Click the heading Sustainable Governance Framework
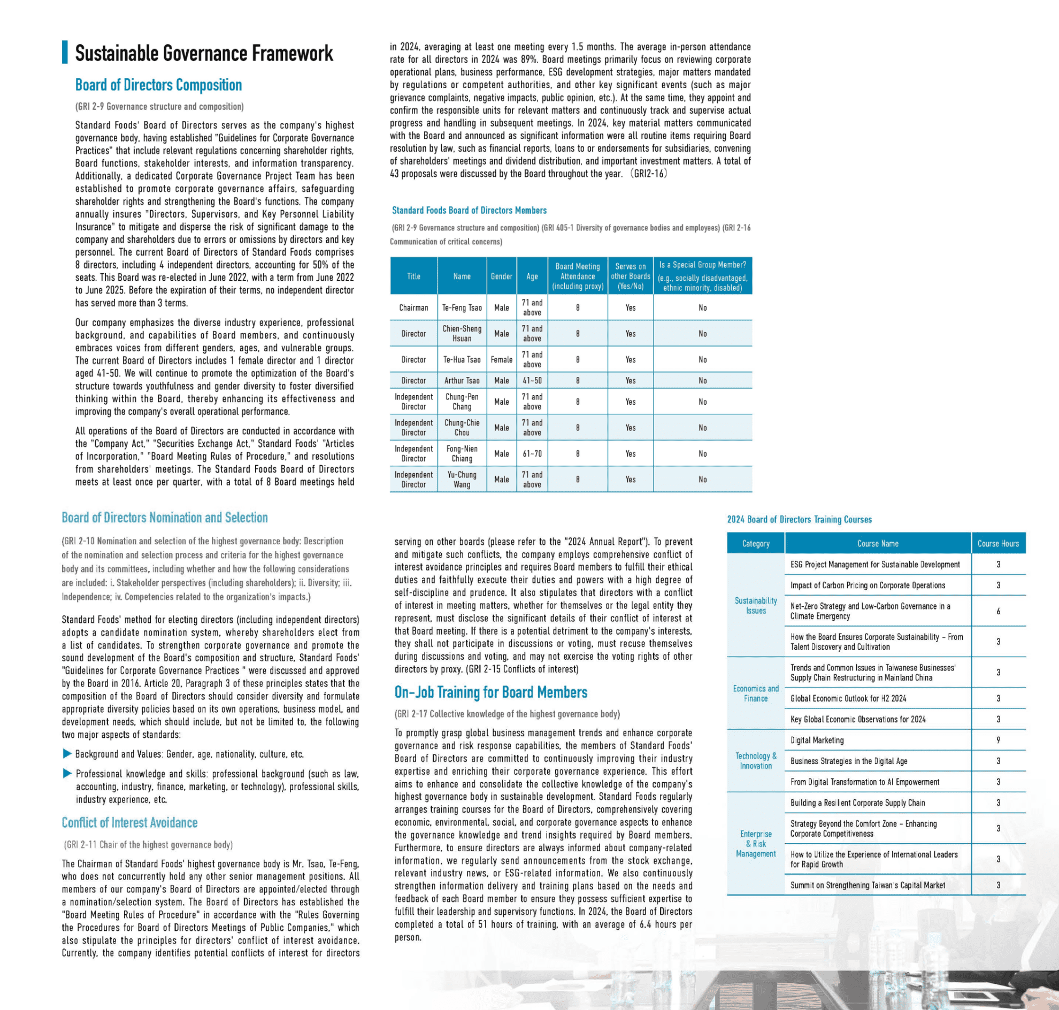point(204,53)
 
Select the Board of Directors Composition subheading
point(158,85)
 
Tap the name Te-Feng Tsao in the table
point(462,308)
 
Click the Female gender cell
point(501,360)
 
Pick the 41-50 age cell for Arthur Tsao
point(532,381)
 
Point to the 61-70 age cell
point(532,454)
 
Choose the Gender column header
point(501,276)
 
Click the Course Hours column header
point(997,544)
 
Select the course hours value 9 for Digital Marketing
point(997,741)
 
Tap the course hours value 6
point(997,611)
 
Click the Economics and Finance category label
point(755,693)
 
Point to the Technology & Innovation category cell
point(755,761)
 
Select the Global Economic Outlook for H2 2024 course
point(848,698)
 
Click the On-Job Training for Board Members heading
point(490,692)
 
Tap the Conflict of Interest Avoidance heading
point(129,823)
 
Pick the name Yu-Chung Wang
point(462,480)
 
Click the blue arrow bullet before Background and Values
point(67,754)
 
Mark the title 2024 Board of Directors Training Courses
point(799,520)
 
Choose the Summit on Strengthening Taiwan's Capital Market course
point(867,885)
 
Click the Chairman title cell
point(413,308)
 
